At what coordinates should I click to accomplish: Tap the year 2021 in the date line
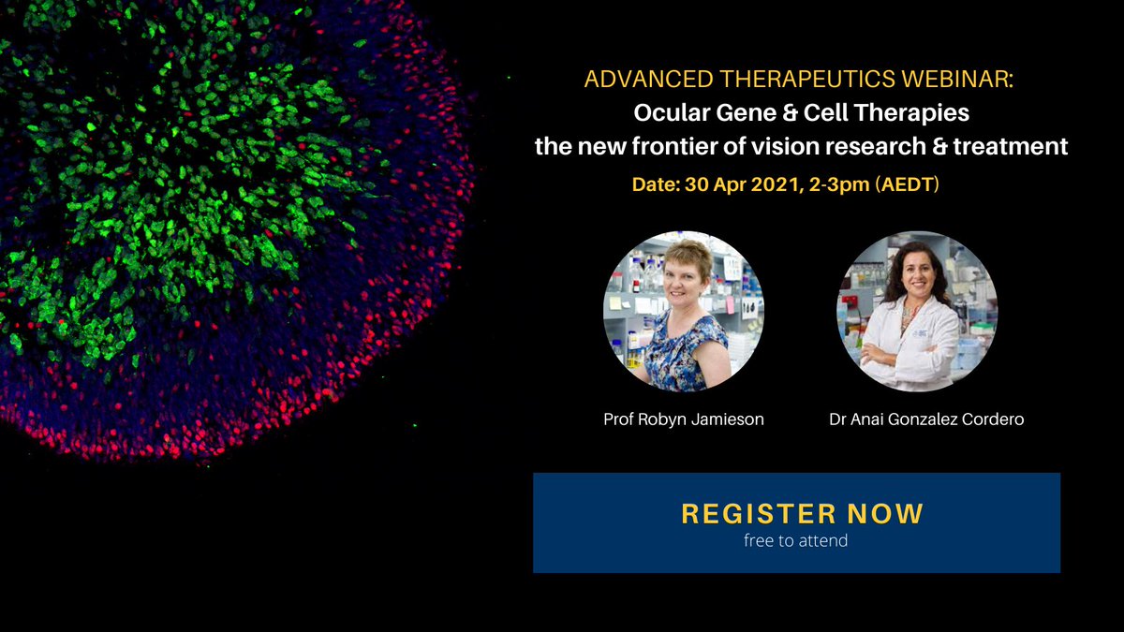tap(775, 184)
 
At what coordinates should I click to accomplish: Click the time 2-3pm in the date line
tap(839, 185)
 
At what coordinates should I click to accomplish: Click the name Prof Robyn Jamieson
tap(684, 419)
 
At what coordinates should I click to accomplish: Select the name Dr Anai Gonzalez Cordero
tap(926, 419)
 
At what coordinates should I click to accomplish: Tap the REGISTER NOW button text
tap(802, 514)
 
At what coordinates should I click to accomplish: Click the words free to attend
tap(796, 541)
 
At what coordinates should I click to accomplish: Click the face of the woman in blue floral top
tap(685, 282)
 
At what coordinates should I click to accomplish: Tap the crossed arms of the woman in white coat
tap(903, 357)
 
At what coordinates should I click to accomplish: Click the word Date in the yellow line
tap(655, 184)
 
